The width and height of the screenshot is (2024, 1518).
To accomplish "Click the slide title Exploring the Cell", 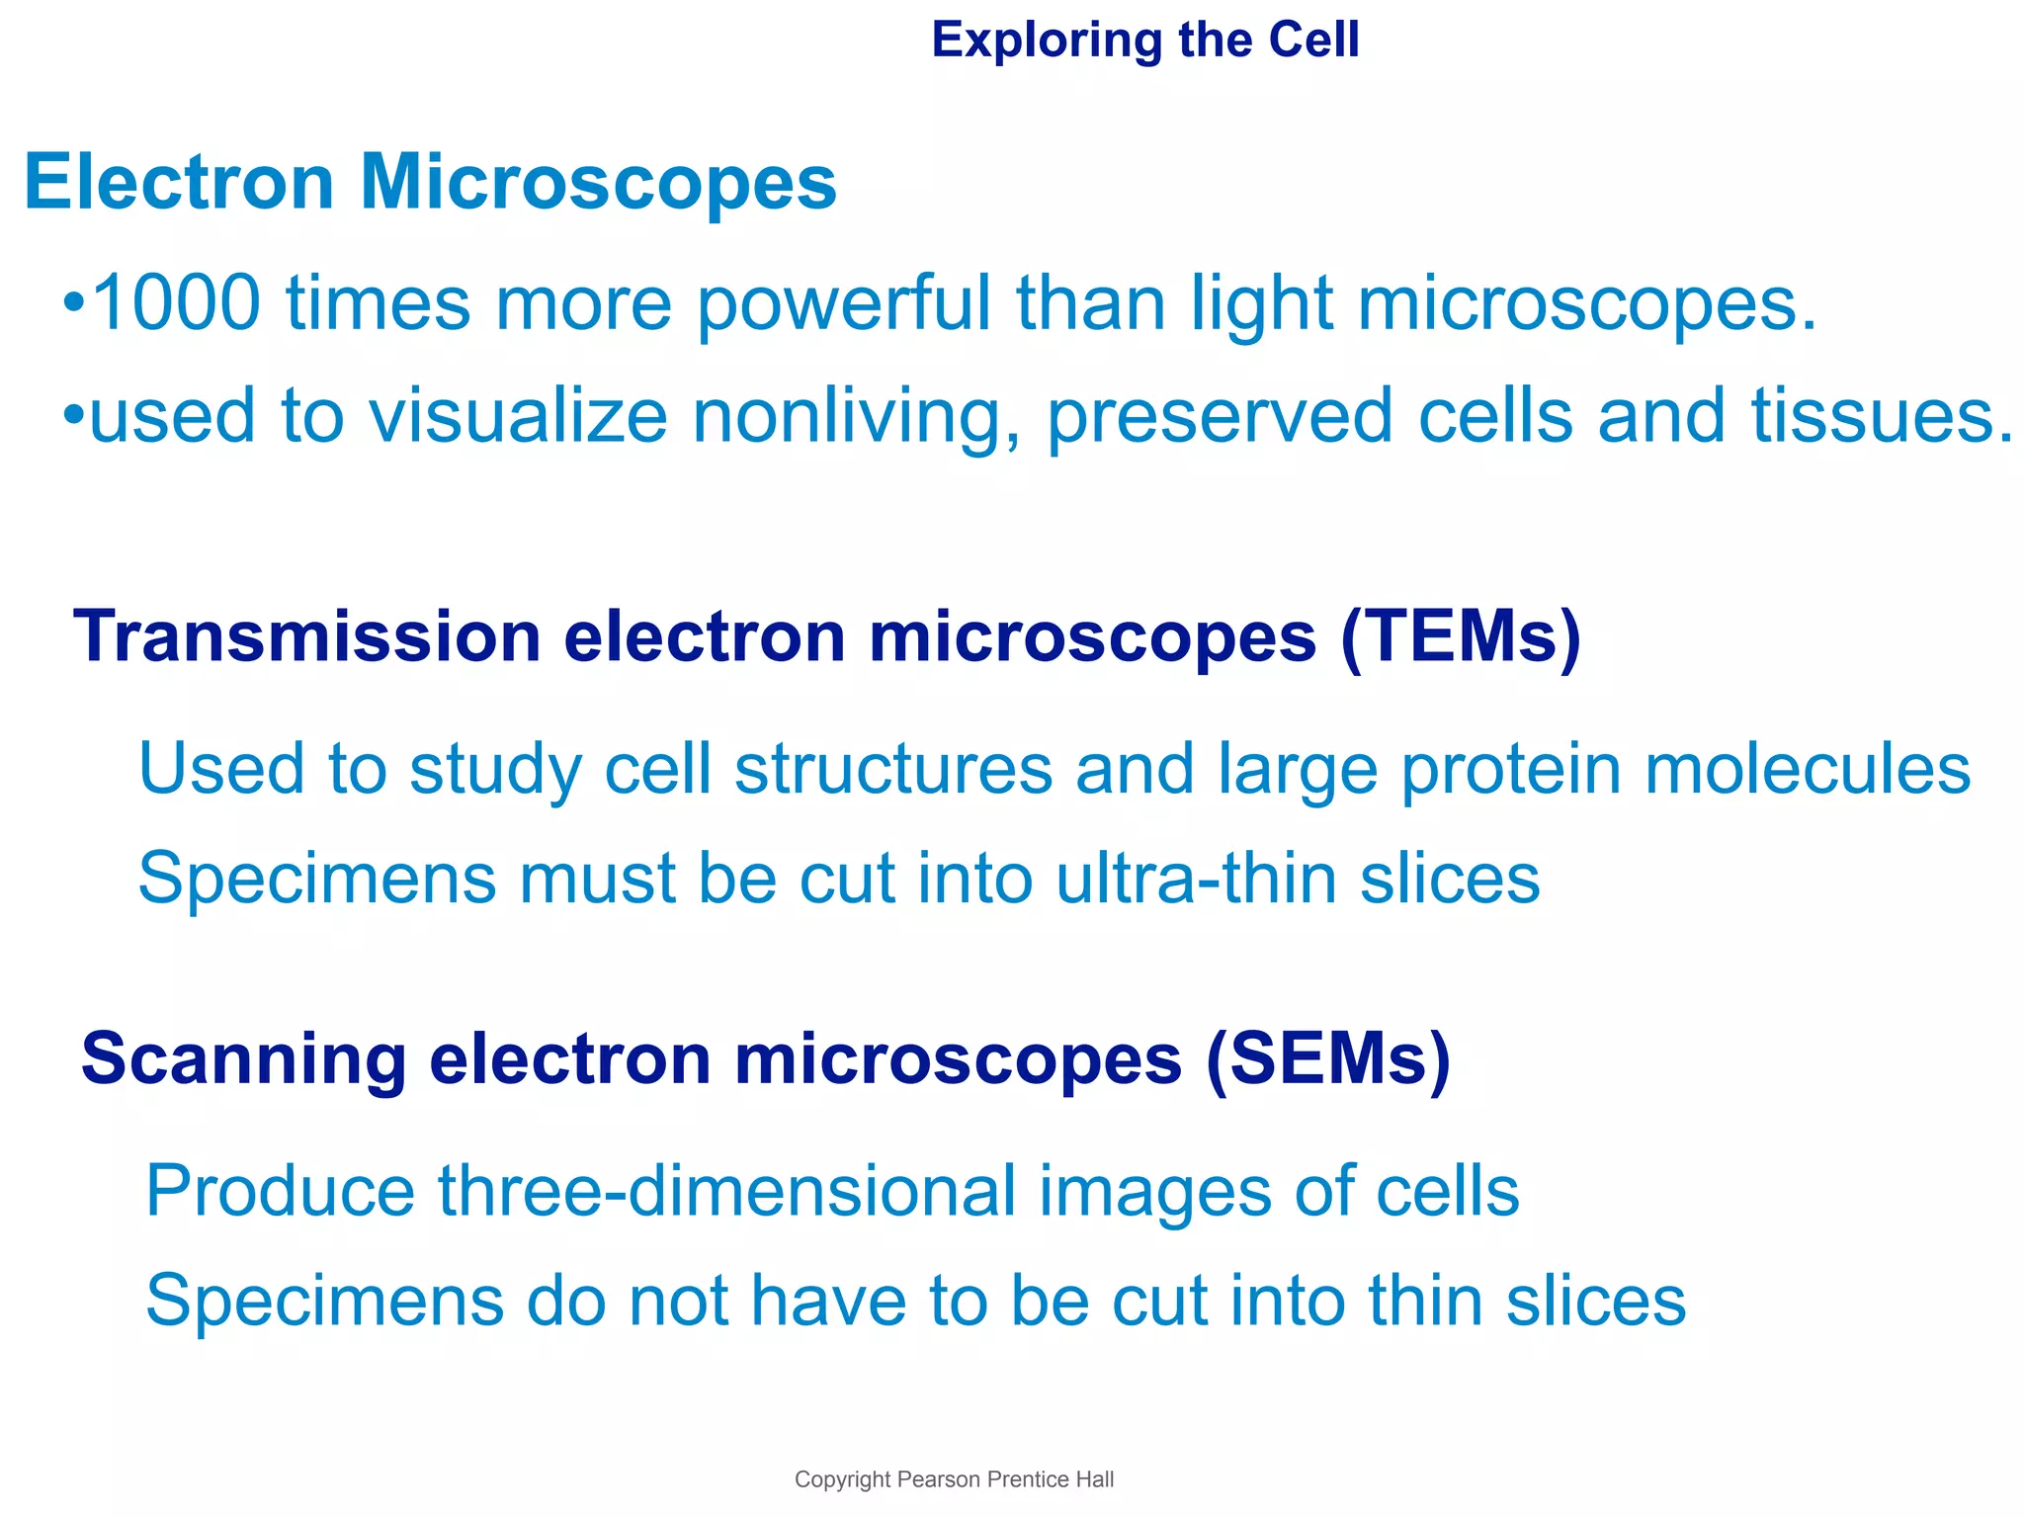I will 1144,42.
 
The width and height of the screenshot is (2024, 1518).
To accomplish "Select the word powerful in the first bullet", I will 844,304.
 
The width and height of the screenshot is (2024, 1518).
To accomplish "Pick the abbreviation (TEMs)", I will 1461,637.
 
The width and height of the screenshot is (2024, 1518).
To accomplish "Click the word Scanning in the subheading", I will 243,1059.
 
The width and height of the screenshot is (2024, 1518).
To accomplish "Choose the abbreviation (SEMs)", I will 1327,1059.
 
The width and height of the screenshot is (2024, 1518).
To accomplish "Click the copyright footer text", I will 954,1479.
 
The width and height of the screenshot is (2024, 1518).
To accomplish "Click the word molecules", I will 1807,770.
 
